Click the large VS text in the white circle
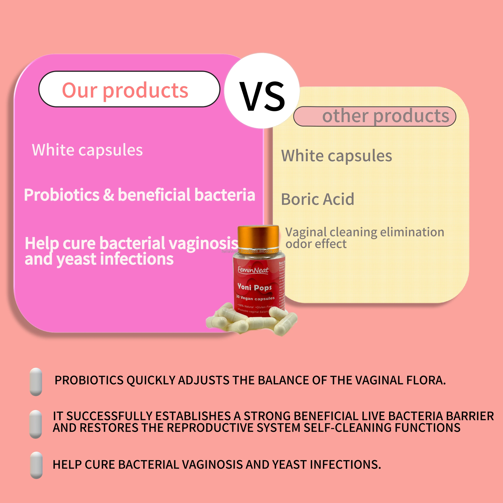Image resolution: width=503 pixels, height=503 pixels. coord(262,96)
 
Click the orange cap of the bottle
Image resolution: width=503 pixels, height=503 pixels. coord(258,237)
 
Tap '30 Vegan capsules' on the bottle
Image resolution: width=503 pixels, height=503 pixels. coord(255,298)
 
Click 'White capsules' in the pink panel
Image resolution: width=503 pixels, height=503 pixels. coord(87,150)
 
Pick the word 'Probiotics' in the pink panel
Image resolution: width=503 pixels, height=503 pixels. coord(62,195)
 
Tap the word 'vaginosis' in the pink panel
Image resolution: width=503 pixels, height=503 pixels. coord(203,243)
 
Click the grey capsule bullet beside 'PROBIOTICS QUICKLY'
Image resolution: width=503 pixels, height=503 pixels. coord(36,382)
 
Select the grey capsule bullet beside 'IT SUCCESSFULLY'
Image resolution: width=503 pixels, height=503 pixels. coord(36,424)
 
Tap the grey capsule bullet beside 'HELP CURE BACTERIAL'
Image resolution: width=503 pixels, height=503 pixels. coord(36,465)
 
